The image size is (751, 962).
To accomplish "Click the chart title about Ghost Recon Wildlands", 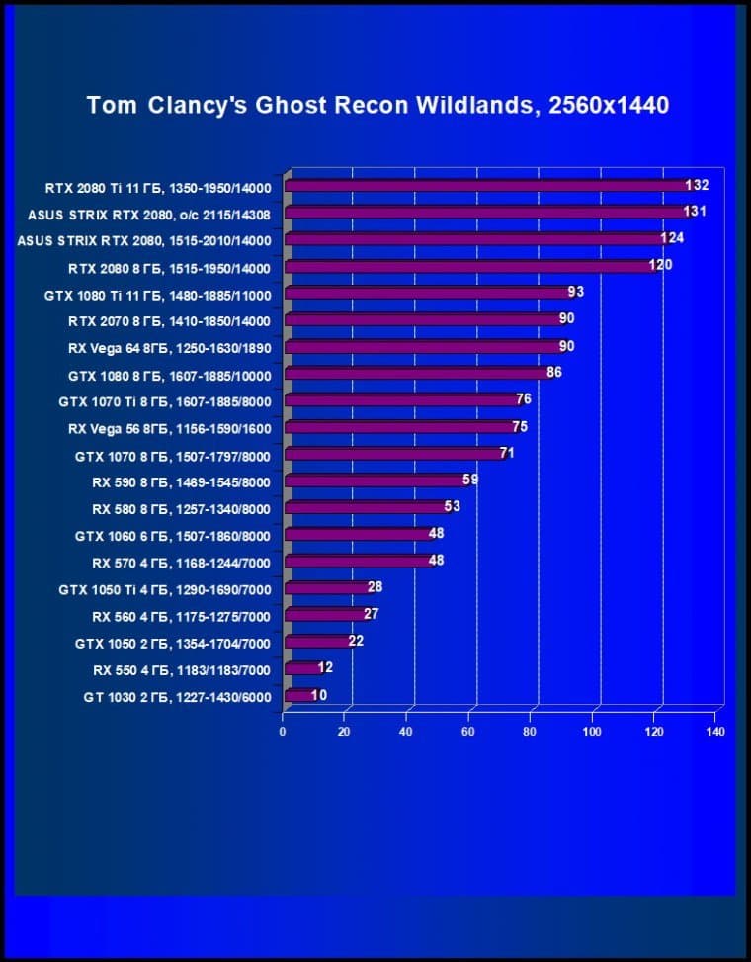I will pyautogui.click(x=377, y=105).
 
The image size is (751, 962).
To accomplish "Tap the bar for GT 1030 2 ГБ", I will pyautogui.click(x=297, y=696).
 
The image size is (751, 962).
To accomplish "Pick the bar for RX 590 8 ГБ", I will pyautogui.click(x=375, y=481).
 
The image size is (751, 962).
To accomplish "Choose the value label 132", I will pyautogui.click(x=698, y=184).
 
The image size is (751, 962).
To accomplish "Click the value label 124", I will pyautogui.click(x=673, y=237).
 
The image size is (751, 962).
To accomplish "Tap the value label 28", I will pyautogui.click(x=375, y=586).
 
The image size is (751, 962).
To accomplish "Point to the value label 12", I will pyautogui.click(x=325, y=667).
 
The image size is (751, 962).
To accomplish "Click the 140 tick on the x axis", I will pyautogui.click(x=716, y=732).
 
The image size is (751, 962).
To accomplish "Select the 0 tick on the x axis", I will pyautogui.click(x=284, y=732).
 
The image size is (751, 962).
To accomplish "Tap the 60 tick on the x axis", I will pyautogui.click(x=468, y=732).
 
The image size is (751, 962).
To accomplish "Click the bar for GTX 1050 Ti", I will pyautogui.click(x=325, y=589).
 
